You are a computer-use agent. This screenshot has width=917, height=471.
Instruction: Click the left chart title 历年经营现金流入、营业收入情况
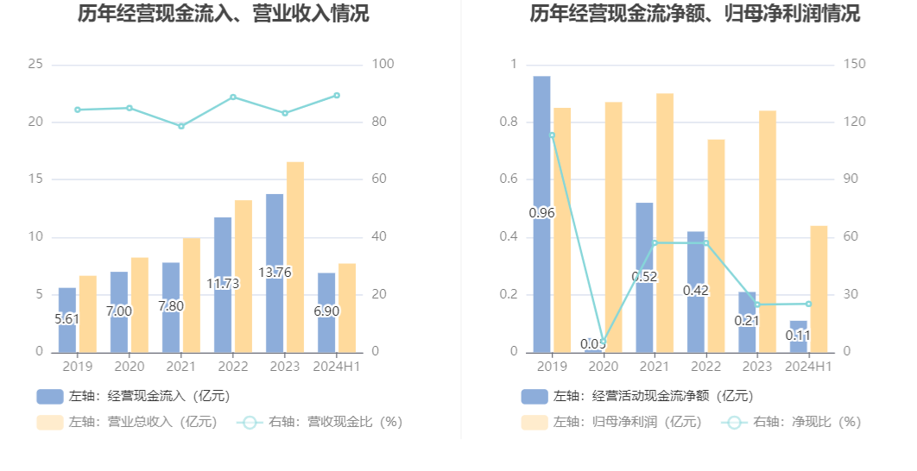coord(223,15)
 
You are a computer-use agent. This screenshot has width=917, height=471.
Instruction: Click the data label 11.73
coord(223,283)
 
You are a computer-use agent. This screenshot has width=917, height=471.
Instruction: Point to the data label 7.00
coord(119,311)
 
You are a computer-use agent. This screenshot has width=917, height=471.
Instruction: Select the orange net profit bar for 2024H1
coord(819,289)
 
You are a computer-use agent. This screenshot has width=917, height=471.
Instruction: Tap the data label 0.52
coord(644,276)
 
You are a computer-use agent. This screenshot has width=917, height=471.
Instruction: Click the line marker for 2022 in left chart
coord(233,97)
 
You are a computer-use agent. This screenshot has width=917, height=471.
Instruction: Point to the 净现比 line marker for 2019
coord(552,135)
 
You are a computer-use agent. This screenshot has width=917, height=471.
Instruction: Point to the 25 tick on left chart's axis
coord(35,65)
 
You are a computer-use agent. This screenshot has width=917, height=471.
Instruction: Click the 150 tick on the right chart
coord(854,65)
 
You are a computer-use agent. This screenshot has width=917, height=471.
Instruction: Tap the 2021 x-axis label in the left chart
coord(181,366)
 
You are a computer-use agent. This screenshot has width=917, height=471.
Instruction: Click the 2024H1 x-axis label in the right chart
coord(808,366)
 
